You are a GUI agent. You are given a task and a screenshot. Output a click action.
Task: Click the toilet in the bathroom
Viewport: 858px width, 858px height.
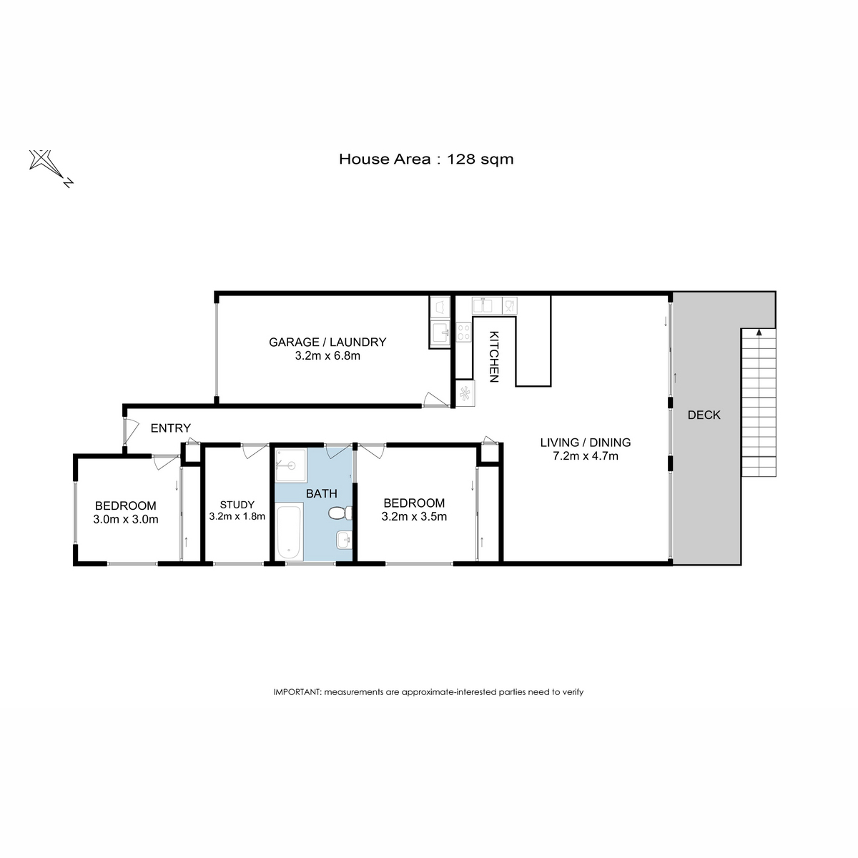(340, 513)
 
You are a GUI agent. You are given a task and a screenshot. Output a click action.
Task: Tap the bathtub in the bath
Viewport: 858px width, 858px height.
(290, 531)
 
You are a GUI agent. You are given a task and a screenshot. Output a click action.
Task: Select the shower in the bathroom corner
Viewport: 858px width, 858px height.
(291, 465)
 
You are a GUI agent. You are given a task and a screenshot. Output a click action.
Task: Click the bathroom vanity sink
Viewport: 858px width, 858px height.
(344, 540)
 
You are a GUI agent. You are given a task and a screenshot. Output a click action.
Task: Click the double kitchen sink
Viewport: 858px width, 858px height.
(487, 306)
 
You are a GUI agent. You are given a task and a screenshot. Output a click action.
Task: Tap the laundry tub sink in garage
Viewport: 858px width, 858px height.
(440, 332)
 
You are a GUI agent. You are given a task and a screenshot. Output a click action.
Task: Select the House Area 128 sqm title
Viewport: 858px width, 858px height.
(426, 159)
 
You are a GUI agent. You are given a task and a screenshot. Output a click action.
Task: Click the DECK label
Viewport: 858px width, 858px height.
(704, 415)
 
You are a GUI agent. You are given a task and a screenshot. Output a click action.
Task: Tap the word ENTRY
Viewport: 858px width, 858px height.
(171, 428)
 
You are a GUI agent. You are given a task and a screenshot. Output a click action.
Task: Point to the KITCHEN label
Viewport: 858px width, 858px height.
(494, 357)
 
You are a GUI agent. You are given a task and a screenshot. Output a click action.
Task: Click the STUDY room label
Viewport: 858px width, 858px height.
(237, 505)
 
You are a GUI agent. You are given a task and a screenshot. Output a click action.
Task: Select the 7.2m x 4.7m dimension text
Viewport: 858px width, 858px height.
(585, 456)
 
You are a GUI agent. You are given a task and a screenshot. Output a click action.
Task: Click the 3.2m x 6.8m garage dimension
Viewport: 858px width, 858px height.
(327, 356)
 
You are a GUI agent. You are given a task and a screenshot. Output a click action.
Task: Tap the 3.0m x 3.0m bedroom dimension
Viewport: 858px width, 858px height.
(126, 519)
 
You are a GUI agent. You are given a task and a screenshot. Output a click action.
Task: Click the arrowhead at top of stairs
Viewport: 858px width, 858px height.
(759, 332)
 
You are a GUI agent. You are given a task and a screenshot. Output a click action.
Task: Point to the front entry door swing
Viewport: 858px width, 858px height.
(130, 431)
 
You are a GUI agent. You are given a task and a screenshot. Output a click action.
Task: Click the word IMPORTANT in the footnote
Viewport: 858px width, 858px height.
(297, 692)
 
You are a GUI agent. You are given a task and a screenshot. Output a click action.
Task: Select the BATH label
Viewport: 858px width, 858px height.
(322, 493)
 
